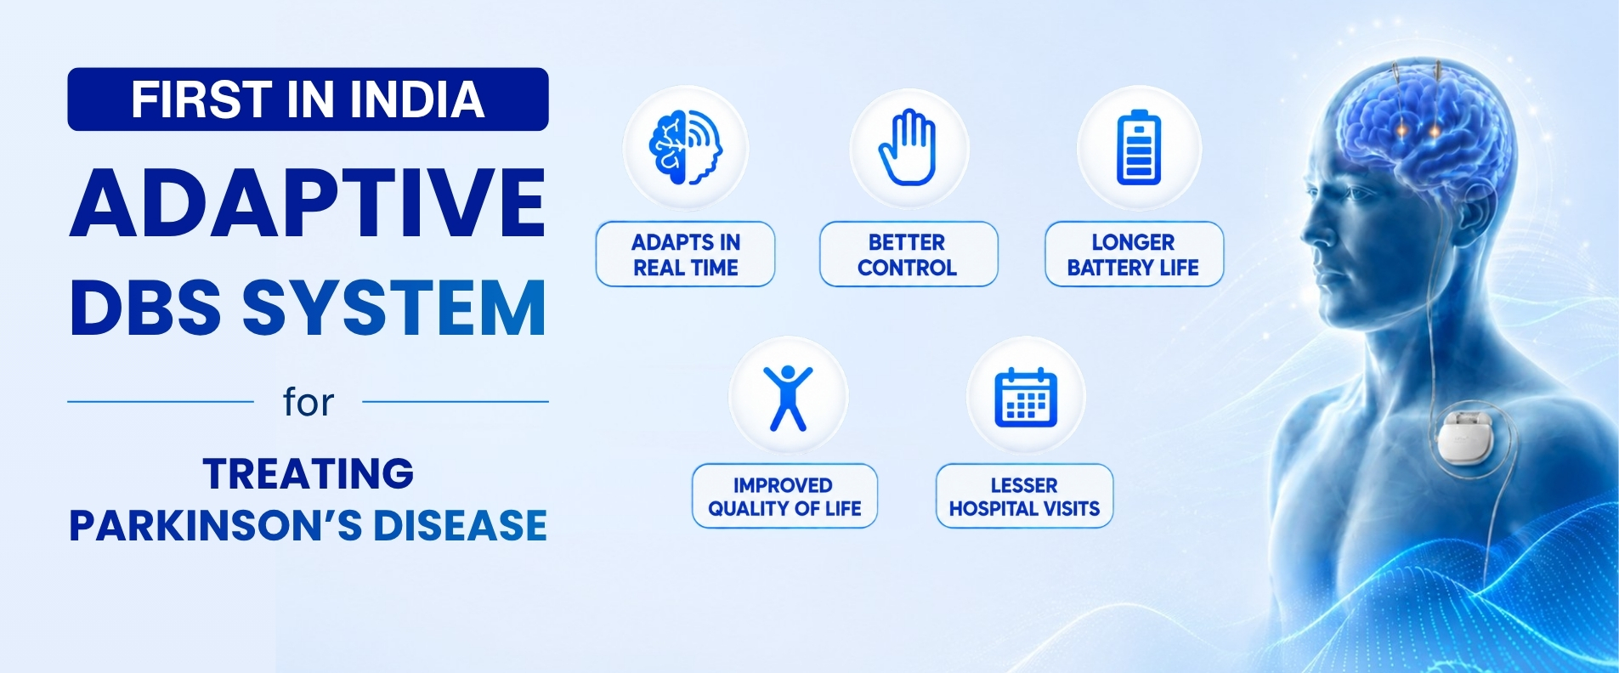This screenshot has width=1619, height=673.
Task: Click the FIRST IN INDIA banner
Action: point(308,99)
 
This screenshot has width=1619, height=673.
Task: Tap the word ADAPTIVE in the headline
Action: point(308,203)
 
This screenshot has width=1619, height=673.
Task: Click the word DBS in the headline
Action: point(145,307)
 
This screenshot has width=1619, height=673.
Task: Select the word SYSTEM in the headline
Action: point(394,307)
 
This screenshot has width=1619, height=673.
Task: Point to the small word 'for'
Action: point(309,402)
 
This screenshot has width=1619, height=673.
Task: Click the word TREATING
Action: point(309,473)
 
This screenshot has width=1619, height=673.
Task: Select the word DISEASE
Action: point(460,525)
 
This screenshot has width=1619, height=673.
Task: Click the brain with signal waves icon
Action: point(685,148)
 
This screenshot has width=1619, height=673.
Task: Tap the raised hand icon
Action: point(908,147)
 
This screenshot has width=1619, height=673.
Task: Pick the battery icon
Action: point(1139,148)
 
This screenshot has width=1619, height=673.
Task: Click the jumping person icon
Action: point(789,398)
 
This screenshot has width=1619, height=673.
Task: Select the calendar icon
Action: point(1026,398)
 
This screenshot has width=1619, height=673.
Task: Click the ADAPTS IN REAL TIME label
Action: point(686,254)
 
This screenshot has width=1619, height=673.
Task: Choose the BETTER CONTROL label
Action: point(908,254)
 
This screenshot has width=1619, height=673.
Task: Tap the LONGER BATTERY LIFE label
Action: point(1134,254)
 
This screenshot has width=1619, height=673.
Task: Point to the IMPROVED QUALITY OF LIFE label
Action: point(784,496)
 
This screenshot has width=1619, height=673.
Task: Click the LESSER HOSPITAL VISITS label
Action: point(1024,496)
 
